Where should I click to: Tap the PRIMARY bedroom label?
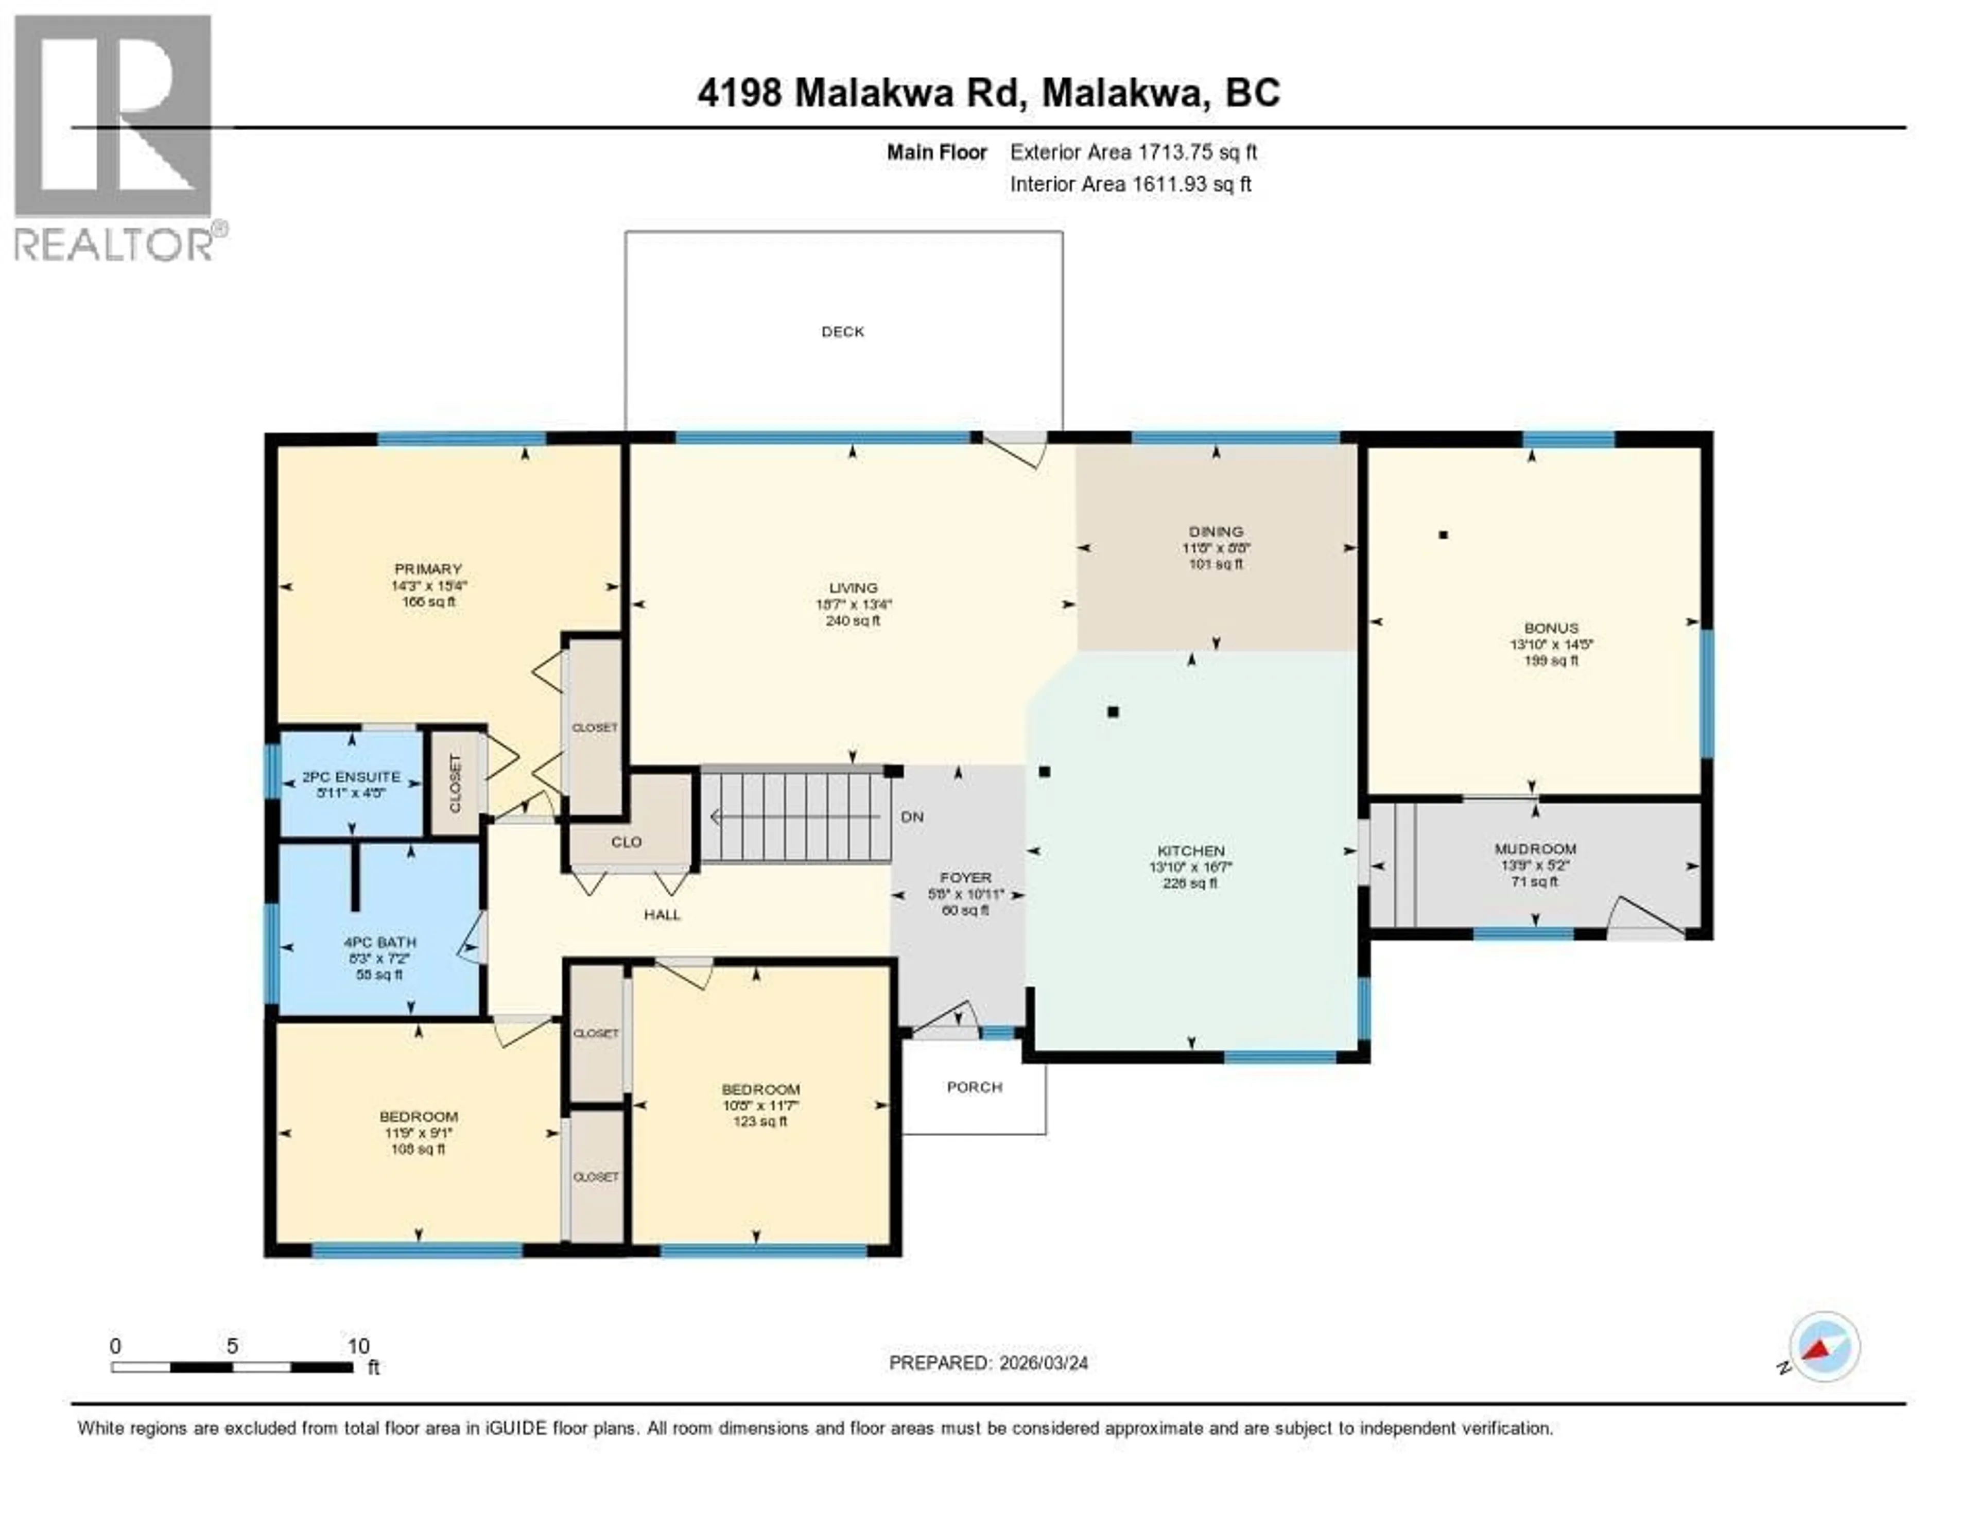[x=428, y=568]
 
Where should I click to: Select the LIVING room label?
[x=853, y=587]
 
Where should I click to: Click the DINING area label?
[x=1216, y=531]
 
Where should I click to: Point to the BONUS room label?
[x=1551, y=627]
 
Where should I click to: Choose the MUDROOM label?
[x=1535, y=848]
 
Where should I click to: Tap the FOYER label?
[x=965, y=877]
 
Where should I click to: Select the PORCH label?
[x=974, y=1086]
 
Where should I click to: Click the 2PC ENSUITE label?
[x=351, y=776]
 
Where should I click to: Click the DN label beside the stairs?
[x=912, y=817]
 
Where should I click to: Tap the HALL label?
[x=662, y=914]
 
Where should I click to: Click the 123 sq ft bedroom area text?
[x=759, y=1121]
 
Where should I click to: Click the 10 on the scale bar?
[x=358, y=1346]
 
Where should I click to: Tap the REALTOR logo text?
[x=113, y=245]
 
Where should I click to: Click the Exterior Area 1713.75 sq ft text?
[x=1133, y=152]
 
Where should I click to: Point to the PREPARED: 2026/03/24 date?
[x=987, y=1362]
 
